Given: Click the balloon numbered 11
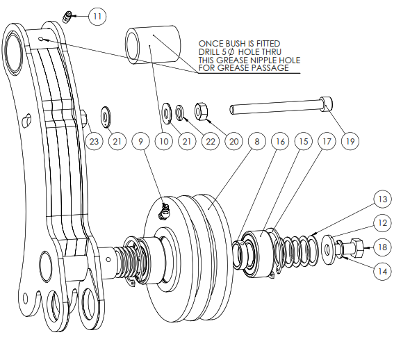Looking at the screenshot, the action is [97, 17].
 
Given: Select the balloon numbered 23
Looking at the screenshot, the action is [94, 142].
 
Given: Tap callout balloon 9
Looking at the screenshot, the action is [140, 142].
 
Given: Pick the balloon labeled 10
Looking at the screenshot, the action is [164, 142].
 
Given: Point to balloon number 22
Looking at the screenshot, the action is [211, 142].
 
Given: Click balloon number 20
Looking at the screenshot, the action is [233, 142].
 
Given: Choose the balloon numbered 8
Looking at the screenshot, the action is [257, 142].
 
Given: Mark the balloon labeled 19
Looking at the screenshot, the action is [350, 142].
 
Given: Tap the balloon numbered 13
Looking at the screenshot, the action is [382, 199].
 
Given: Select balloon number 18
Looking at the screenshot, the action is [382, 247].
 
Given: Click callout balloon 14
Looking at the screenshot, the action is [382, 271].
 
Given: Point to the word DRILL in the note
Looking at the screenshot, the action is [208, 51].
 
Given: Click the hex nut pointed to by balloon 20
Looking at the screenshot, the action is [201, 112].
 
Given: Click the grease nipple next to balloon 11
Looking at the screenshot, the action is [67, 17].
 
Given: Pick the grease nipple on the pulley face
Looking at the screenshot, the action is [163, 211].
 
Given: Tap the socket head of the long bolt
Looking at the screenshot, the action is [326, 104].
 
